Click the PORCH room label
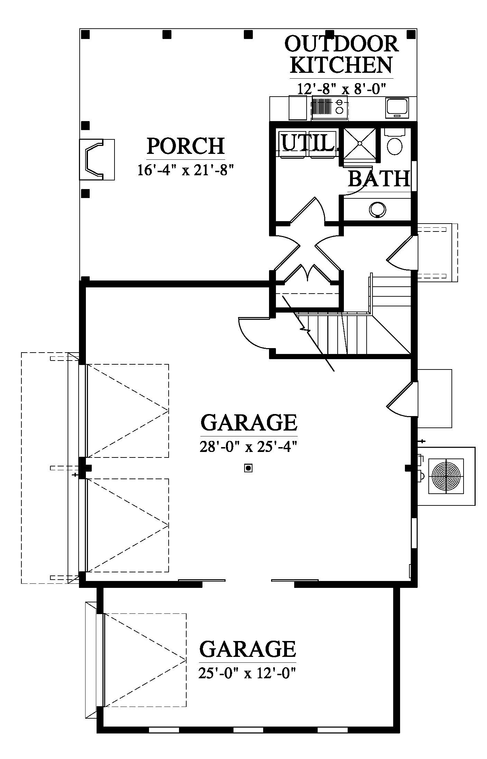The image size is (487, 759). click(186, 146)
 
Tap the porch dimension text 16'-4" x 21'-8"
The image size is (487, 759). click(186, 170)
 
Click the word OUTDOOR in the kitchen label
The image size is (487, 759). click(341, 44)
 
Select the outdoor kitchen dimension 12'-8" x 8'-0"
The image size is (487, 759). click(341, 89)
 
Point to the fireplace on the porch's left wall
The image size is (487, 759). click(97, 159)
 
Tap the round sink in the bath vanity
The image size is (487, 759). click(378, 209)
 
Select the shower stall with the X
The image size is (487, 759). click(359, 143)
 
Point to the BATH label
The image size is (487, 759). click(379, 178)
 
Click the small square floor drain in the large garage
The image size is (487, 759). click(248, 468)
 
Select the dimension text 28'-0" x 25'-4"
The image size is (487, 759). click(248, 447)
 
